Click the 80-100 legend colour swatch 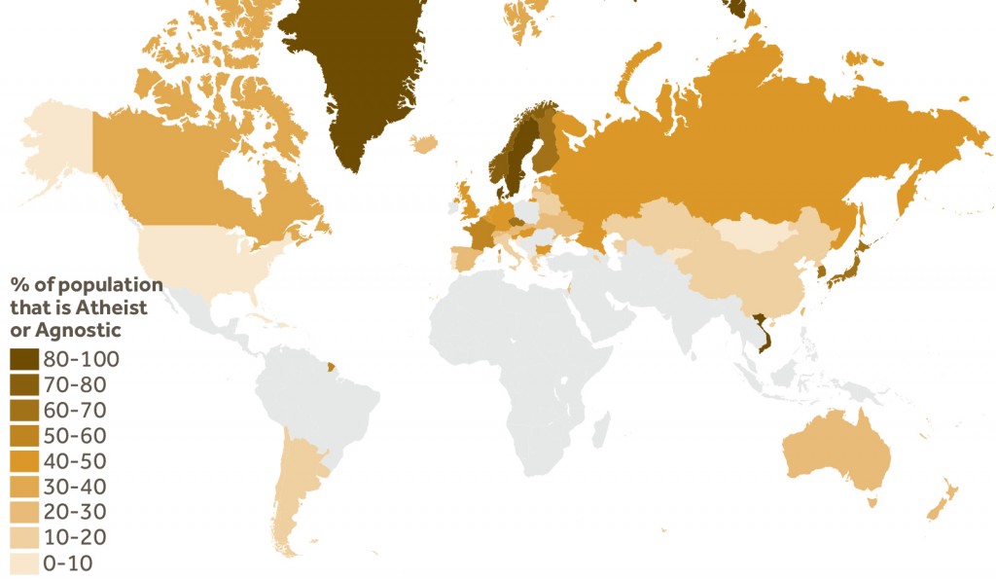24,359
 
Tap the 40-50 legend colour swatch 24,461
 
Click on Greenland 365,78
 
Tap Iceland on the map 424,144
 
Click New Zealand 943,501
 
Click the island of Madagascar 600,428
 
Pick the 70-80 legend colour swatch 24,384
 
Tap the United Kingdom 468,203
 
